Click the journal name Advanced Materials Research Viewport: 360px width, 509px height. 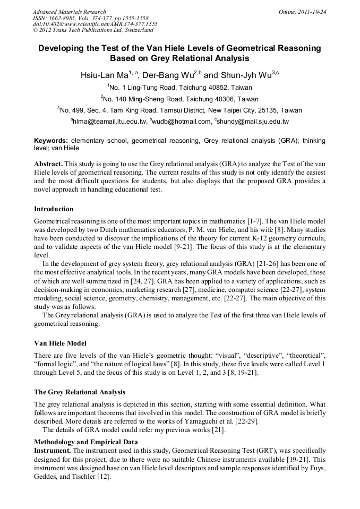(69, 12)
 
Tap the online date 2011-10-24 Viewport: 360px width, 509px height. (310, 12)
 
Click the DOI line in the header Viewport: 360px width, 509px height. (95, 24)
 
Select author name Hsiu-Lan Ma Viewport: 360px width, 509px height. (104, 75)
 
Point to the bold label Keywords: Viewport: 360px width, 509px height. (51, 141)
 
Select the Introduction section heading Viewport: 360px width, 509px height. (54, 209)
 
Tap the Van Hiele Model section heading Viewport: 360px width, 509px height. (60, 343)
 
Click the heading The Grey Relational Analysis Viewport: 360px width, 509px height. (80, 392)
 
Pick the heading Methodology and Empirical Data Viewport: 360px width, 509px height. (86, 442)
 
